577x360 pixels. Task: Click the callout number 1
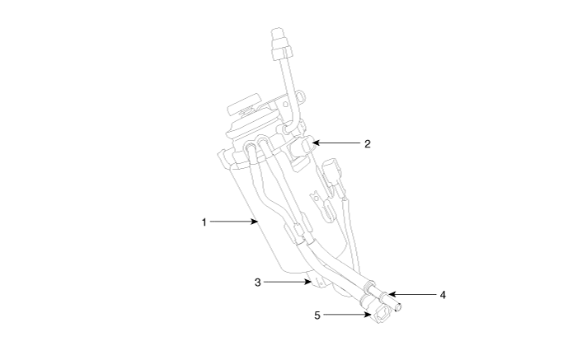point(204,222)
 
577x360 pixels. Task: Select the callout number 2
point(368,144)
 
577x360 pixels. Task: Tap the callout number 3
point(257,282)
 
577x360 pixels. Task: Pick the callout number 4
point(443,295)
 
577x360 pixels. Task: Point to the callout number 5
point(317,316)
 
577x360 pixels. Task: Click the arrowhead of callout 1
point(255,222)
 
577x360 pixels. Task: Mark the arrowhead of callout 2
point(315,143)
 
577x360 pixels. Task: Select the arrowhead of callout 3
point(307,282)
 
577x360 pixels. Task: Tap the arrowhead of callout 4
point(392,294)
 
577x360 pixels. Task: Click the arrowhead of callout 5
point(368,315)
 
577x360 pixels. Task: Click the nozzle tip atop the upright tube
point(279,33)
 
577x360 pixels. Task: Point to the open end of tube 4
point(398,306)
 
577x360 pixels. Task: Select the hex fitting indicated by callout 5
point(381,316)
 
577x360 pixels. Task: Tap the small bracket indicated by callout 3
point(318,283)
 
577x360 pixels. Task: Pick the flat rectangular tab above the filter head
point(245,104)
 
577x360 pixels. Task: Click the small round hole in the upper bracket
point(285,105)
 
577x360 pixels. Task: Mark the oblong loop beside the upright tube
point(301,96)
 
